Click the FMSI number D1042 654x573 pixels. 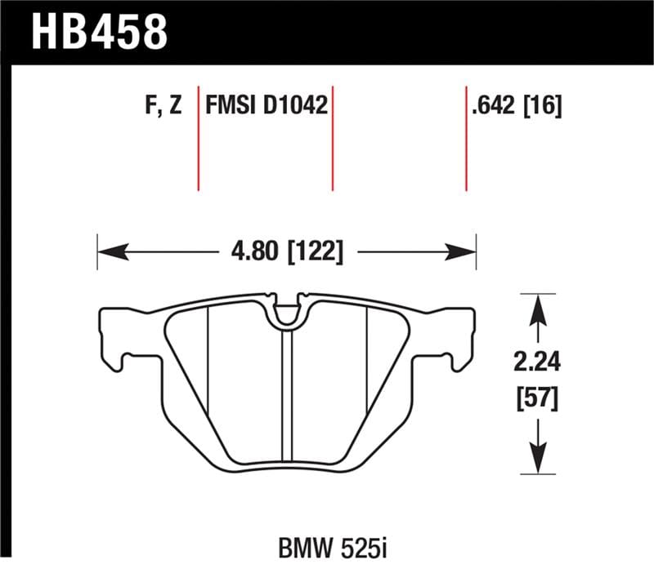click(297, 106)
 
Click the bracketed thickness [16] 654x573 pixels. click(541, 106)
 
